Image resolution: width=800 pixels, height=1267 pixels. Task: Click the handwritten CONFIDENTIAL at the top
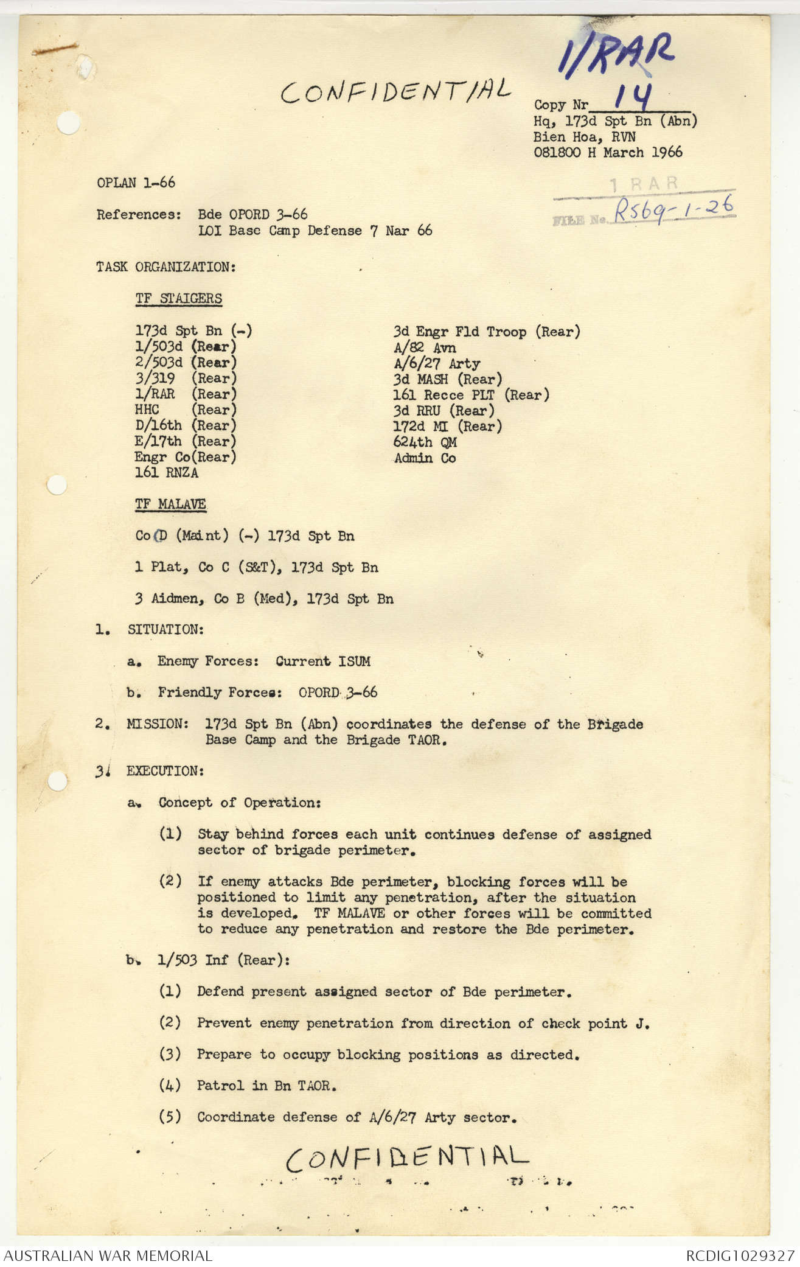pos(395,91)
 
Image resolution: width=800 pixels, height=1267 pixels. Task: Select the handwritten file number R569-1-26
pos(673,209)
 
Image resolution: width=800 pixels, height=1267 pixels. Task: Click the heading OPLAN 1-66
pos(136,183)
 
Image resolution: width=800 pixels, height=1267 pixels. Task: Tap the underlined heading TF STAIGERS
pos(178,299)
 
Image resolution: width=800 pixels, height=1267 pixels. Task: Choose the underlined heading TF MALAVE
pos(170,504)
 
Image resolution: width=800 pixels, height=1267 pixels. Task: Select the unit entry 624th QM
pos(425,442)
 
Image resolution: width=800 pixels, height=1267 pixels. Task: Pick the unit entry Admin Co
pos(425,458)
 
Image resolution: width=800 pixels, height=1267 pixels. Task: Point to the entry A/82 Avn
pos(425,348)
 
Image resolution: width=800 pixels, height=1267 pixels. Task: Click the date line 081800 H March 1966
pos(608,152)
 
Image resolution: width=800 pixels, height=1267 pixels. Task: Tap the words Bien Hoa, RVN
pos(584,137)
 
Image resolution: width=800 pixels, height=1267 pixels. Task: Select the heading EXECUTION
pos(164,771)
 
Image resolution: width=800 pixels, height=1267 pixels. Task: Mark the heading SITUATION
pos(165,630)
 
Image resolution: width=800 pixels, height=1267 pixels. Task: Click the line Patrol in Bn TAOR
pos(266,1086)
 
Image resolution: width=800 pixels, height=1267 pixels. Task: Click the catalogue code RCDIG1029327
pos(740,1255)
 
